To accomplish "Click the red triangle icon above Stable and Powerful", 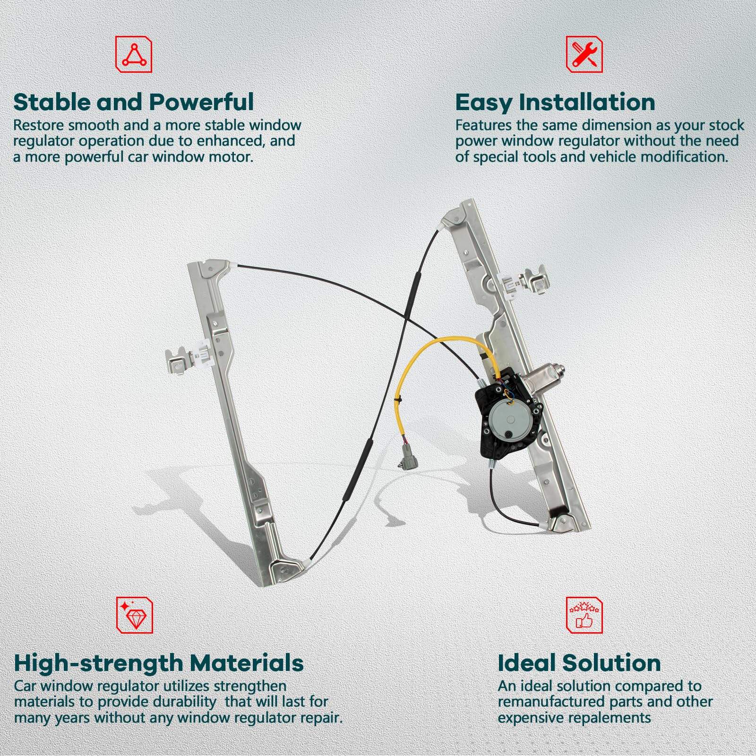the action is coord(134,55).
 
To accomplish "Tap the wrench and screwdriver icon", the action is coord(584,55).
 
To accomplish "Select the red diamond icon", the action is coord(134,615).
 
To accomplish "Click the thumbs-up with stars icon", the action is coord(584,615).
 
